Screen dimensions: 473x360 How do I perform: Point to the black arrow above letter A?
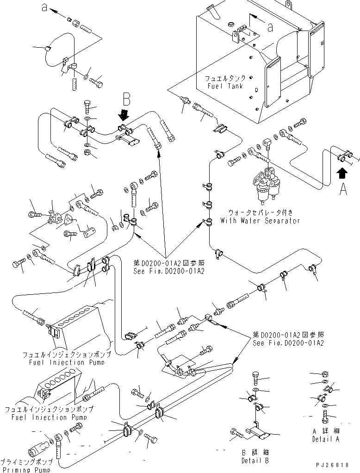pyautogui.click(x=342, y=173)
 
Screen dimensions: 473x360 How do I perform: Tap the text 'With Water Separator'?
pyautogui.click(x=264, y=221)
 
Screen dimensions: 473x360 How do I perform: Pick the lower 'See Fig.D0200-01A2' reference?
pyautogui.click(x=288, y=343)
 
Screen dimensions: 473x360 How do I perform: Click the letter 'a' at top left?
pyautogui.click(x=44, y=8)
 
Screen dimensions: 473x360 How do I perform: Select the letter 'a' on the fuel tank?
pyautogui.click(x=270, y=27)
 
